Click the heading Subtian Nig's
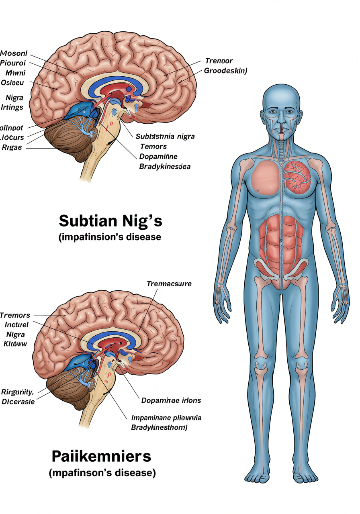(x=110, y=221)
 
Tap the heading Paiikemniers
(x=101, y=456)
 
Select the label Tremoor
(x=219, y=61)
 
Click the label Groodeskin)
(x=225, y=71)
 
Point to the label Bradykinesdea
(x=165, y=166)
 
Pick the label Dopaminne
(x=158, y=156)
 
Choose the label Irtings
(x=12, y=107)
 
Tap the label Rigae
(x=12, y=147)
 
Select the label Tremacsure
(x=169, y=284)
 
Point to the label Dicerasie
(x=18, y=401)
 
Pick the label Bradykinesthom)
(x=159, y=428)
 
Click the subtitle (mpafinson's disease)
(x=102, y=473)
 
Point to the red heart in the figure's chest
(x=297, y=176)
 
